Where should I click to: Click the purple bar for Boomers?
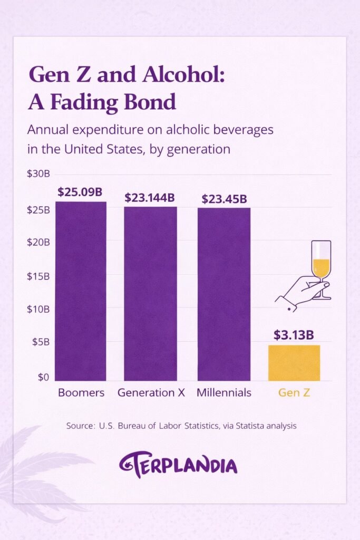point(81,291)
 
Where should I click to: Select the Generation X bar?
point(151,293)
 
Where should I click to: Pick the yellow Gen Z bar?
point(294,363)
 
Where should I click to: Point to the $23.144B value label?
point(150,198)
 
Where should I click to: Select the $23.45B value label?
point(224,199)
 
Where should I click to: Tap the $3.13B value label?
point(294,335)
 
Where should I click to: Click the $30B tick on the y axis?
point(38,174)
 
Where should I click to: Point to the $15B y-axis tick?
point(38,276)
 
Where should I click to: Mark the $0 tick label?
point(42,377)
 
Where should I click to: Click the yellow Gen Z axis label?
point(294,393)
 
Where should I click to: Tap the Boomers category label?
point(81,393)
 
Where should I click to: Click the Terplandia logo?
point(178,465)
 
